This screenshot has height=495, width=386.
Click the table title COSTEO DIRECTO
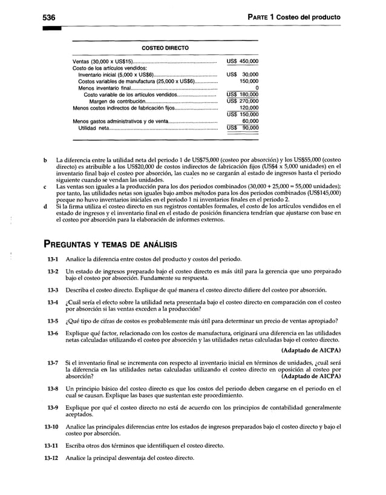tap(165, 48)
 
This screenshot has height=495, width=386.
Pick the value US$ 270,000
tap(242, 102)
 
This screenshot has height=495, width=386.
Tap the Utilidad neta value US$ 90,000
tap(242, 128)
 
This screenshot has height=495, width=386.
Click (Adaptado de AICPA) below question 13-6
tap(311, 350)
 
